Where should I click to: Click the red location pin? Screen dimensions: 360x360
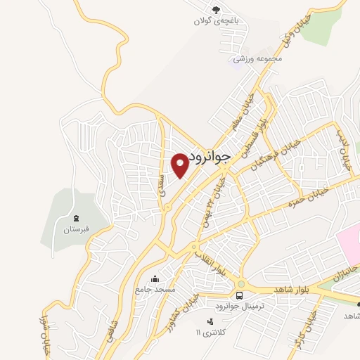(180, 164)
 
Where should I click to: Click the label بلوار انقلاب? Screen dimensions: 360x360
(211, 259)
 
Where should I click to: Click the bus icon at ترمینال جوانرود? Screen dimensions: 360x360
(239, 295)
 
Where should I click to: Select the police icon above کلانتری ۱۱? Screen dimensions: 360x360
(209, 321)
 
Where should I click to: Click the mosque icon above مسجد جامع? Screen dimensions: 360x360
(155, 279)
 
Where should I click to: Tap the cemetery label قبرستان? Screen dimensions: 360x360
(74, 230)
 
